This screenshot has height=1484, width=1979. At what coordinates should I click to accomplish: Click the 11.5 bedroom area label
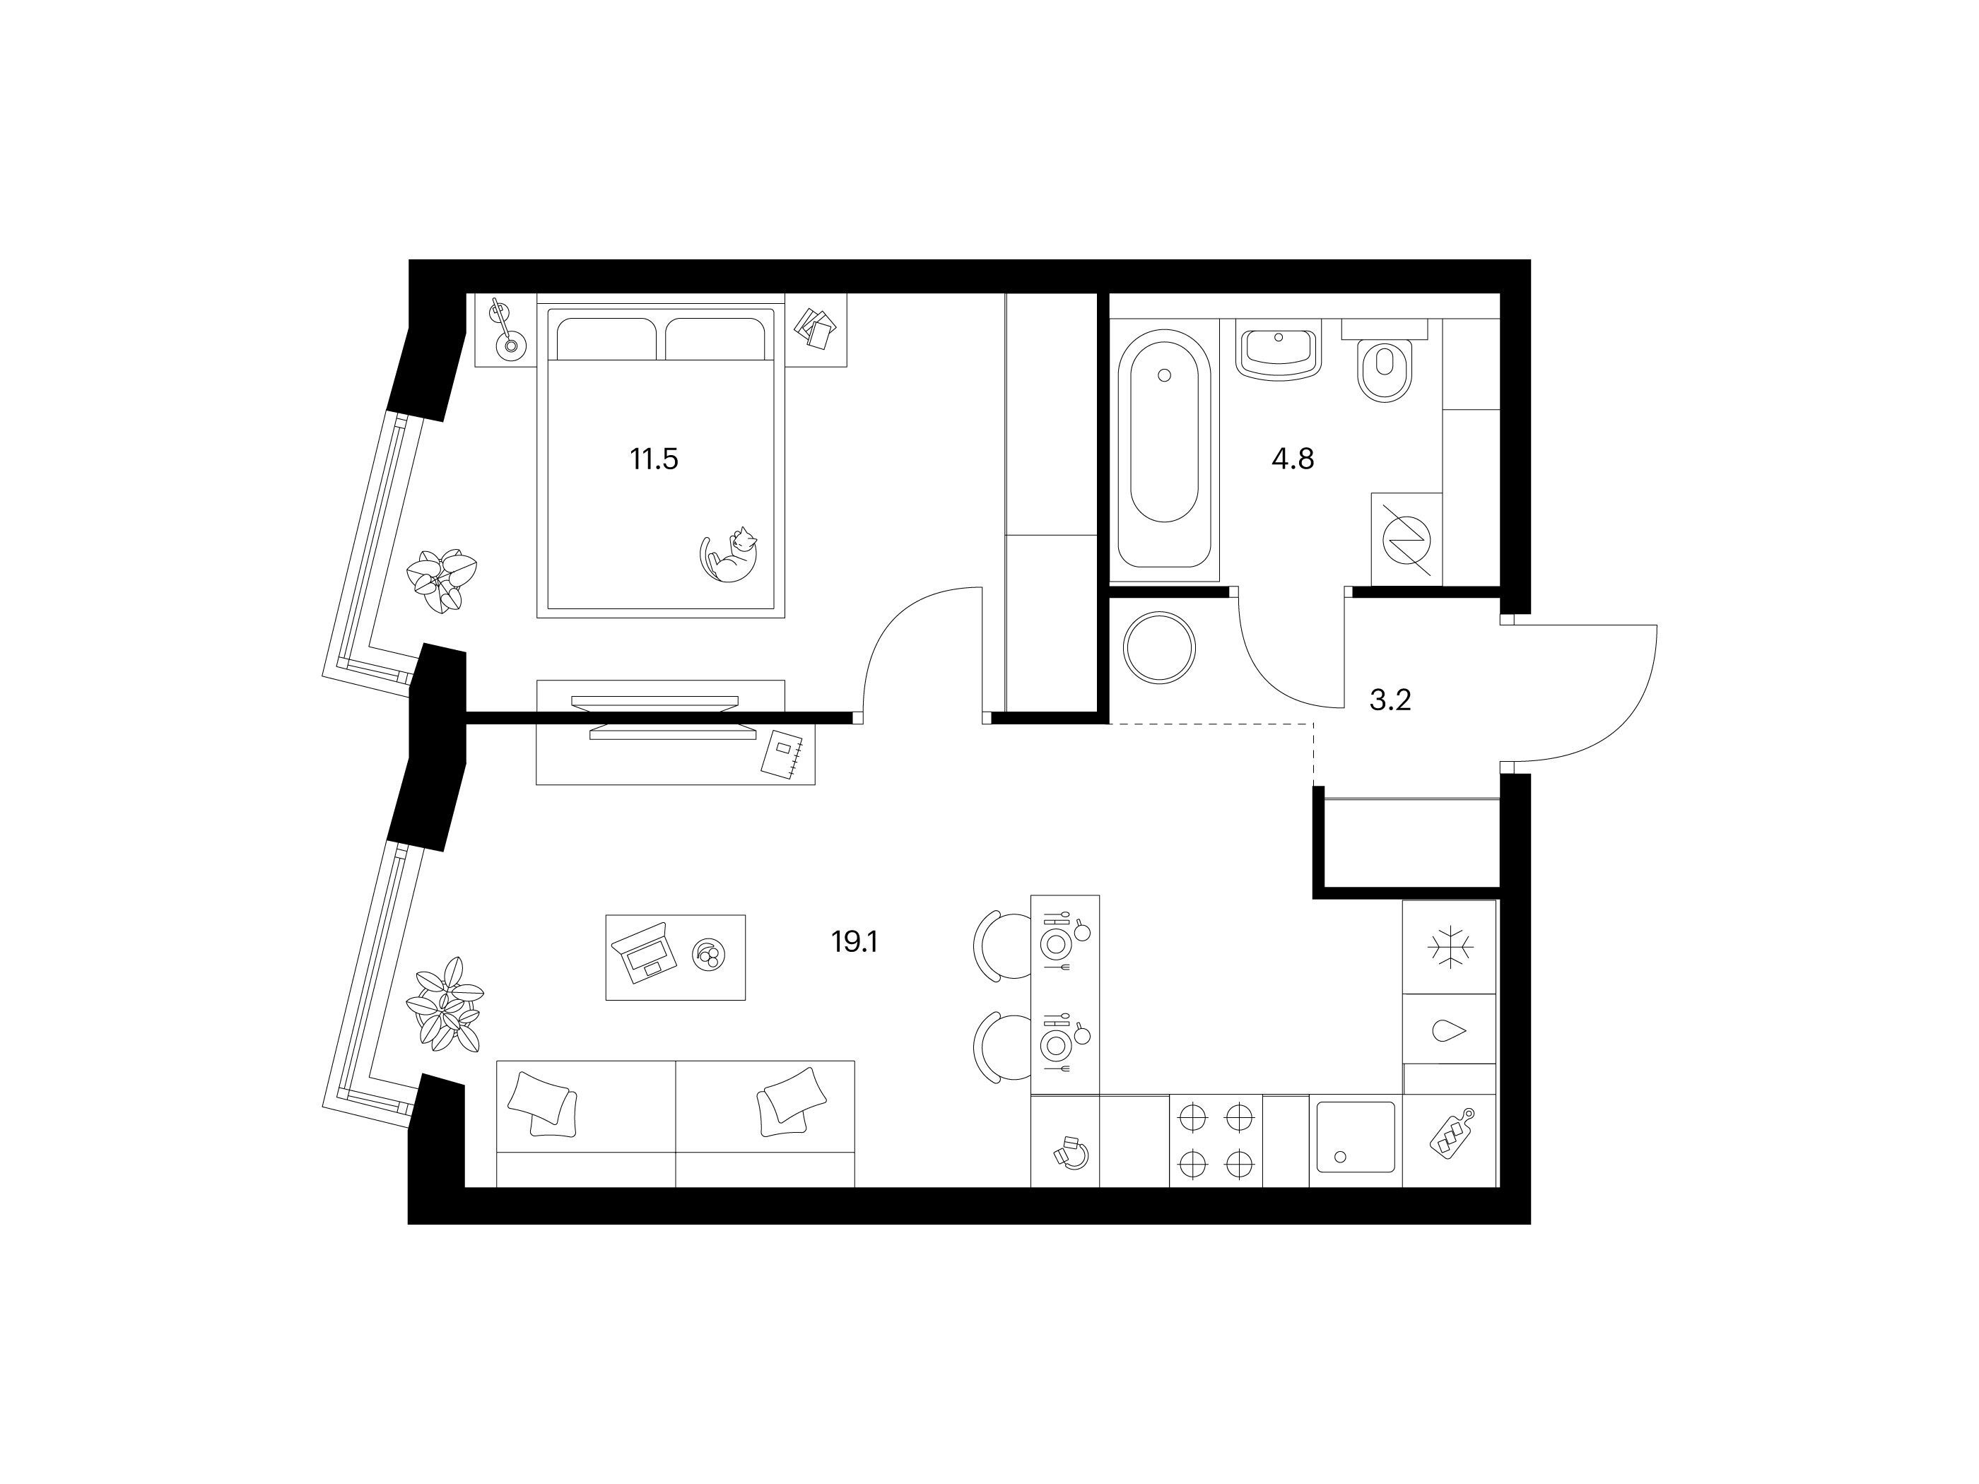tap(654, 460)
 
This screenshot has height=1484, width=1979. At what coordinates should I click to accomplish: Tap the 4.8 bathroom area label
tap(1293, 460)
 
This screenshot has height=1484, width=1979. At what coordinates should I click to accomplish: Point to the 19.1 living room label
tap(855, 941)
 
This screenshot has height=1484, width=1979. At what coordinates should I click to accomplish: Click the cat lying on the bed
tap(728, 556)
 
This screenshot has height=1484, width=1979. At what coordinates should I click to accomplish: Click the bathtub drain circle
tap(1164, 376)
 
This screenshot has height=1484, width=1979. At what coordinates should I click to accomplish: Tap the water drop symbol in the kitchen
tap(1450, 1030)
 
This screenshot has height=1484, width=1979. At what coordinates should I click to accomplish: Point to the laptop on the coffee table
tap(643, 953)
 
